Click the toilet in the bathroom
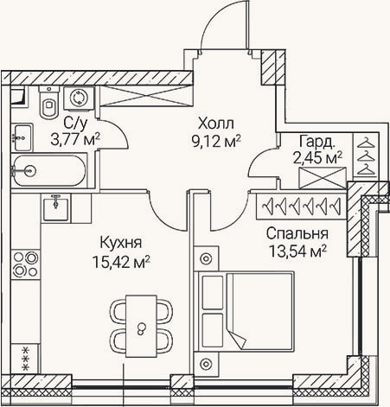pyautogui.click(x=49, y=102)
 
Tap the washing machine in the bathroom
pyautogui.click(x=79, y=98)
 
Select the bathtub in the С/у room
pyautogui.click(x=49, y=171)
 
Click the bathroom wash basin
pyautogui.click(x=22, y=137)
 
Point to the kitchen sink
pyautogui.click(x=56, y=207)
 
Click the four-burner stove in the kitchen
pyautogui.click(x=25, y=264)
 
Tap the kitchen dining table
pyautogui.click(x=142, y=326)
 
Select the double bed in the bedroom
pyautogui.click(x=244, y=311)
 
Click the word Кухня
pyautogui.click(x=121, y=243)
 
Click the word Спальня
pyautogui.click(x=297, y=234)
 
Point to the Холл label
pyautogui.click(x=216, y=124)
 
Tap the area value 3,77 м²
pyautogui.click(x=75, y=140)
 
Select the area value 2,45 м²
pyautogui.click(x=317, y=158)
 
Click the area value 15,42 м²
pyautogui.click(x=121, y=262)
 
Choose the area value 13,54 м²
pyautogui.click(x=297, y=251)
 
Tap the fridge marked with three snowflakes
pyautogui.click(x=25, y=359)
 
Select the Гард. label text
pyautogui.click(x=317, y=142)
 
